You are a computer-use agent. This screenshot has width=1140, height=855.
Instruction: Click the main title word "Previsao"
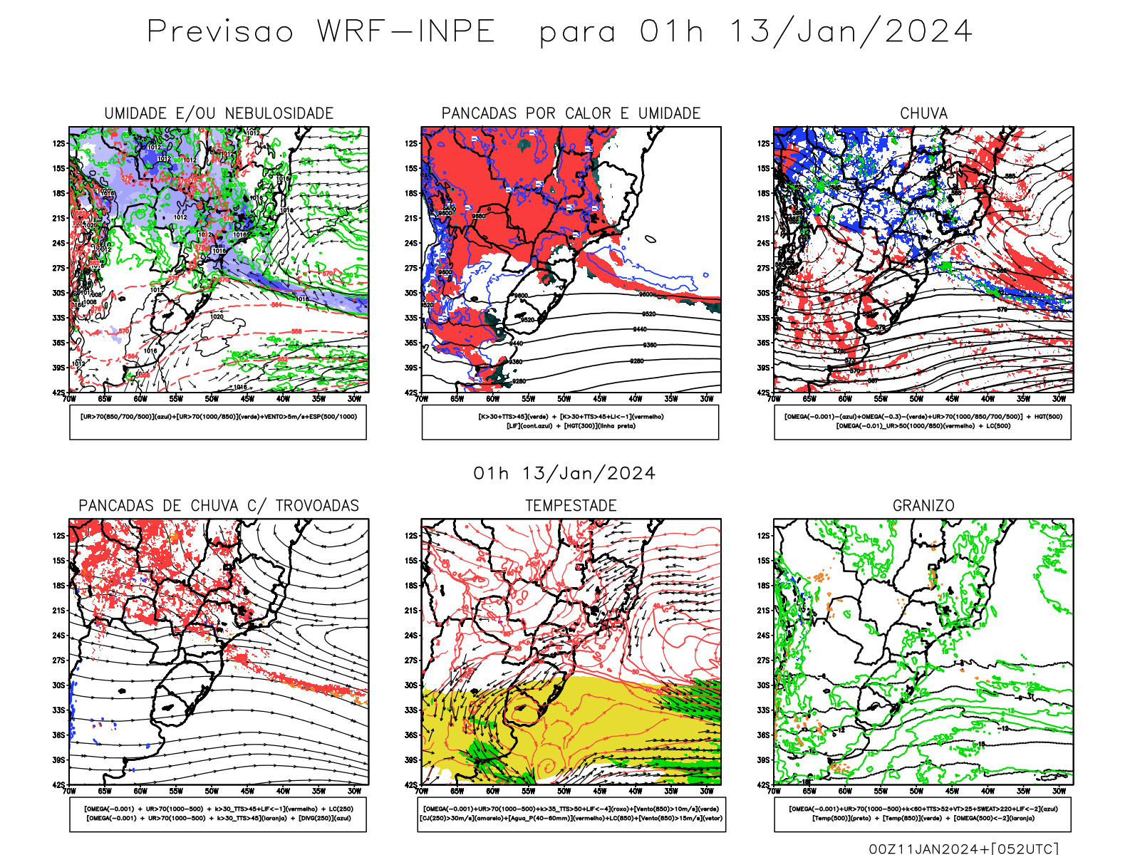tap(220, 32)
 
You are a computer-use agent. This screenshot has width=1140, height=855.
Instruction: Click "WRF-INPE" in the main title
tap(406, 32)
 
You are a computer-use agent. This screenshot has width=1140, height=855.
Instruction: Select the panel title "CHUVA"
tap(923, 113)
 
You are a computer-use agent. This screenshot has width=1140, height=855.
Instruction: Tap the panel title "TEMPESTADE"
tap(571, 506)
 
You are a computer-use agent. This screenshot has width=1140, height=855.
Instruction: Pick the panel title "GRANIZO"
tap(923, 506)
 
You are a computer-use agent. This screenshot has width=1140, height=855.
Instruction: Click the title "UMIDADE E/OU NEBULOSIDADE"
tap(219, 113)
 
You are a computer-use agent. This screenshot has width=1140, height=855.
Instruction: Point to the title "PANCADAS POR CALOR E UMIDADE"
tap(571, 113)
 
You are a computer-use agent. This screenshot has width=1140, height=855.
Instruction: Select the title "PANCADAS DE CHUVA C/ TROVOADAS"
tap(219, 506)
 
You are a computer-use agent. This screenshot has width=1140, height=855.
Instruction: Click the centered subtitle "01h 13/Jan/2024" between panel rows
tap(564, 474)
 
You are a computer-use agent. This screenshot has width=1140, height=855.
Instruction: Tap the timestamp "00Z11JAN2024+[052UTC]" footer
tap(964, 849)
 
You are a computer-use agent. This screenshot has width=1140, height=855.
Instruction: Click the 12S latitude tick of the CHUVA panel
tap(764, 144)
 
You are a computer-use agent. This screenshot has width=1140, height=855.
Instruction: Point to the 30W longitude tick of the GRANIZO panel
tap(1059, 791)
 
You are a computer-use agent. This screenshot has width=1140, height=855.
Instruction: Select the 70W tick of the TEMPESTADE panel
tap(422, 791)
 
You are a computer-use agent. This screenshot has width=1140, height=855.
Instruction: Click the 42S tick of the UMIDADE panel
tap(58, 393)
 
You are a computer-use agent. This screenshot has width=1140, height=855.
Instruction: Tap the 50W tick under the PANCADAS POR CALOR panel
tap(564, 399)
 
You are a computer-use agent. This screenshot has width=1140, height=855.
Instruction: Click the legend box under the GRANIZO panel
tap(923, 814)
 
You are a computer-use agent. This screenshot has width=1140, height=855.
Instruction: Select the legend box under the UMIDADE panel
tap(218, 422)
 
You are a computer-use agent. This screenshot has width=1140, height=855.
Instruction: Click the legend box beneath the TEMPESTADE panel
tap(571, 814)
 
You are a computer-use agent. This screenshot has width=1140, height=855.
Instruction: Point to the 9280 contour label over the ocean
tap(637, 361)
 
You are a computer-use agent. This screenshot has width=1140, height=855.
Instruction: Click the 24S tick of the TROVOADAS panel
tap(58, 636)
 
